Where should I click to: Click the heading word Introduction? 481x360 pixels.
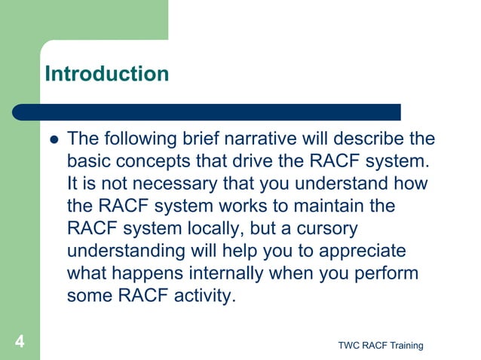(106, 74)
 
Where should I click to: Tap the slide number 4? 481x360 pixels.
(19, 343)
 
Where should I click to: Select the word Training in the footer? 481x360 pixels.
(403, 345)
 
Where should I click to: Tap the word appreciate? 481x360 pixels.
(358, 251)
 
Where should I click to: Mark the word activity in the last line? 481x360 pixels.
(199, 296)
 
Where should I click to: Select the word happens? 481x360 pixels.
(143, 273)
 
